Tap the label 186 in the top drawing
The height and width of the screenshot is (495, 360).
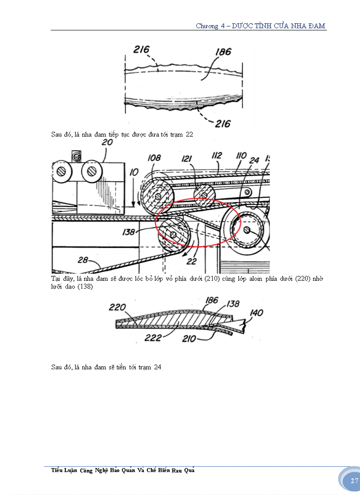click(223, 52)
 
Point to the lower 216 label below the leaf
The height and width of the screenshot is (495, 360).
click(223, 124)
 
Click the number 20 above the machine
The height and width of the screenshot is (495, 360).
click(107, 142)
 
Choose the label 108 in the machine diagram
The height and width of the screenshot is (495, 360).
click(154, 157)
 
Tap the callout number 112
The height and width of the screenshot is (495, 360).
click(217, 156)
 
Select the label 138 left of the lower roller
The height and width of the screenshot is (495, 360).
click(129, 231)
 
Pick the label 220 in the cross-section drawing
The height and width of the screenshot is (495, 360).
click(117, 307)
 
